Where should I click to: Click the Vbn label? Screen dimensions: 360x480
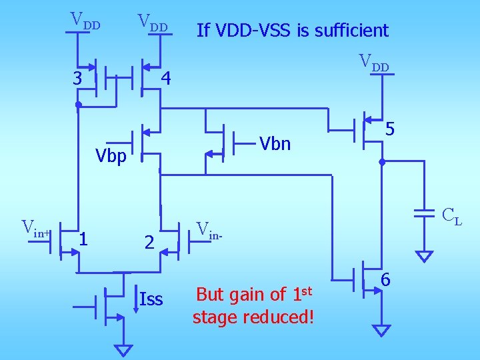pos(275,143)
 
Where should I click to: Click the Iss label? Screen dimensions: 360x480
pos(151,299)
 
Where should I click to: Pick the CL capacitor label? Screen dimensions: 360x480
pos(452,216)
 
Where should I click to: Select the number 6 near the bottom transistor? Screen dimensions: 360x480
pos(385,281)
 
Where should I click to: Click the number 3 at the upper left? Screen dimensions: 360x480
pos(78,79)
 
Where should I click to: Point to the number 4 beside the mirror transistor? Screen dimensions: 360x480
pos(167,79)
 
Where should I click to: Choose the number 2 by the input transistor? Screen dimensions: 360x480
pos(150,244)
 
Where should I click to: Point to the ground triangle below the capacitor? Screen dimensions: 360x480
pos(424,256)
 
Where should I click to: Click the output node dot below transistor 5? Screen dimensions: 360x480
pos(382,162)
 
